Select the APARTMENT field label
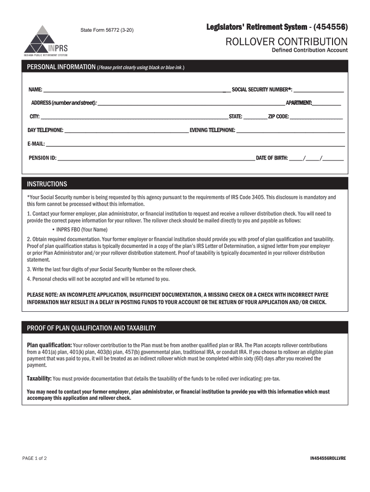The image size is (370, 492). pyautogui.click(x=299, y=103)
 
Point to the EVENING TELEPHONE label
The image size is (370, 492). pyautogui.click(x=212, y=130)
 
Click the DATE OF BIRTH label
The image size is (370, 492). pyautogui.click(x=271, y=158)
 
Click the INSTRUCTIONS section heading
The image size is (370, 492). pyautogui.click(x=47, y=184)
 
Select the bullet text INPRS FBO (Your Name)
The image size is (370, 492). pyautogui.click(x=82, y=229)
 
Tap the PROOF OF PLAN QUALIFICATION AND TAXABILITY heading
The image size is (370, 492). pyautogui.click(x=91, y=328)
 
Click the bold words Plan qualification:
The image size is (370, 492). pyautogui.click(x=49, y=345)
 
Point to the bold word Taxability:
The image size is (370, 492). pyautogui.click(x=39, y=379)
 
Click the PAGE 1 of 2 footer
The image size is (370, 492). pyautogui.click(x=35, y=458)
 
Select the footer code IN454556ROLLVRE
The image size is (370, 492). pyautogui.click(x=328, y=458)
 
